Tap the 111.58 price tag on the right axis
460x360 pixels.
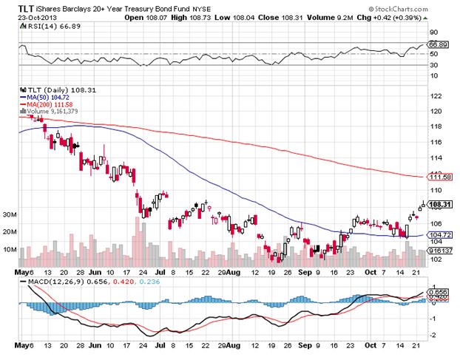[439, 177]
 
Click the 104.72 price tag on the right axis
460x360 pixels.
[439, 234]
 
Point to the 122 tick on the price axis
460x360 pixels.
[435, 97]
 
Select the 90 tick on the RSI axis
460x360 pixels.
[433, 32]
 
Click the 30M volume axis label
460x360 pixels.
[9, 214]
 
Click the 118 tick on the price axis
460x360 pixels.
[435, 127]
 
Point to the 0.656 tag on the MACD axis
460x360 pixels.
[439, 292]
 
